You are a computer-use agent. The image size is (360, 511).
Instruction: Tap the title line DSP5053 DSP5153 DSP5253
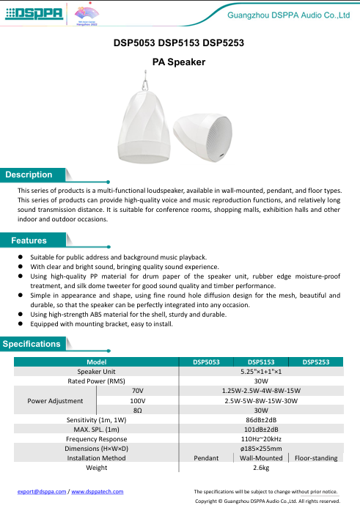pyautogui.click(x=179, y=43)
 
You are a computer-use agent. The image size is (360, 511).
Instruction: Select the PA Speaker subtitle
pyautogui.click(x=179, y=63)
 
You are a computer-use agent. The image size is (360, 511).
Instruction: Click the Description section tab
pyautogui.click(x=29, y=175)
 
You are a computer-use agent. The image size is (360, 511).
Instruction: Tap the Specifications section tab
pyautogui.click(x=32, y=344)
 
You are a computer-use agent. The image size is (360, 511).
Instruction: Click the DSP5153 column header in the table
pyautogui.click(x=261, y=361)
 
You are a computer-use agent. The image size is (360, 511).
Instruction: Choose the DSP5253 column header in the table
pyautogui.click(x=315, y=361)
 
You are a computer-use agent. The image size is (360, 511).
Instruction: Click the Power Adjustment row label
pyautogui.click(x=54, y=400)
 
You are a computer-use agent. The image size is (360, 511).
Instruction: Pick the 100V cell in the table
pyautogui.click(x=137, y=400)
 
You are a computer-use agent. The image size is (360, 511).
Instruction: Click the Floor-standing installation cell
pyautogui.click(x=315, y=457)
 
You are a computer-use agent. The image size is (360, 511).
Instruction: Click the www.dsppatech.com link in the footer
pyautogui.click(x=97, y=491)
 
